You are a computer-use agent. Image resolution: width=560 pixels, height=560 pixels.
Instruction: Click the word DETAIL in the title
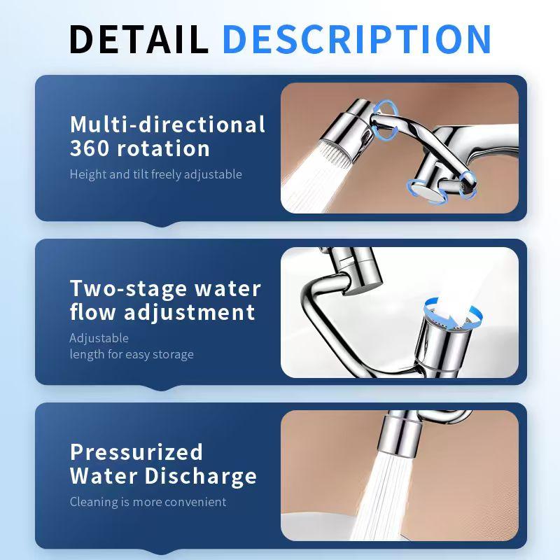pyautogui.click(x=139, y=39)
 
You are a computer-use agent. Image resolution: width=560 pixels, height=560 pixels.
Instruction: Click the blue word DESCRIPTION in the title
pyautogui.click(x=357, y=39)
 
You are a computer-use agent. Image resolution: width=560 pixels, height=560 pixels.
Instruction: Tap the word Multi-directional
pyautogui.click(x=167, y=125)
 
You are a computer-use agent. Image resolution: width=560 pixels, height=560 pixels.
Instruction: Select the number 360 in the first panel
pyautogui.click(x=90, y=148)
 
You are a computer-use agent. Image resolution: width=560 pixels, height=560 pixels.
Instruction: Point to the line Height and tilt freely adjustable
pyautogui.click(x=155, y=174)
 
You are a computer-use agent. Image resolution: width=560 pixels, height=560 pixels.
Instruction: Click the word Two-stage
pyautogui.click(x=128, y=288)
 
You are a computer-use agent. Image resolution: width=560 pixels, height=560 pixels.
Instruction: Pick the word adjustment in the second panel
pyautogui.click(x=190, y=313)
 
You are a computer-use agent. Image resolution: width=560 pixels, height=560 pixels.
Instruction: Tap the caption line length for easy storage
pyautogui.click(x=132, y=354)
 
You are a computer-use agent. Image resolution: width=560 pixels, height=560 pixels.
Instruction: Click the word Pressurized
pyautogui.click(x=136, y=452)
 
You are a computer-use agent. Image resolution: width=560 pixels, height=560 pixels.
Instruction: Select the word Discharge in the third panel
pyautogui.click(x=200, y=477)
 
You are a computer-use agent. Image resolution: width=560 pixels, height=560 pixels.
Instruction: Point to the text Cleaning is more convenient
pyautogui.click(x=148, y=502)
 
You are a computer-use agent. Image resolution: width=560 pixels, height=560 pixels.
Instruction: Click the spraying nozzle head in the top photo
pyautogui.click(x=344, y=133)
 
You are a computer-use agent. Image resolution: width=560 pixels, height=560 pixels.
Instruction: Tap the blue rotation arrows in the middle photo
pyautogui.click(x=453, y=313)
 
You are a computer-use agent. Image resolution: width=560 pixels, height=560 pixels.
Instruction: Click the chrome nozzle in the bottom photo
pyautogui.click(x=400, y=433)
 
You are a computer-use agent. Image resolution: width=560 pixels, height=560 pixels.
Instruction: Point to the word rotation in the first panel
pyautogui.click(x=163, y=148)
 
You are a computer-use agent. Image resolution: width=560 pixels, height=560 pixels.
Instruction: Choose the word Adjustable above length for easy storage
pyautogui.click(x=99, y=338)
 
